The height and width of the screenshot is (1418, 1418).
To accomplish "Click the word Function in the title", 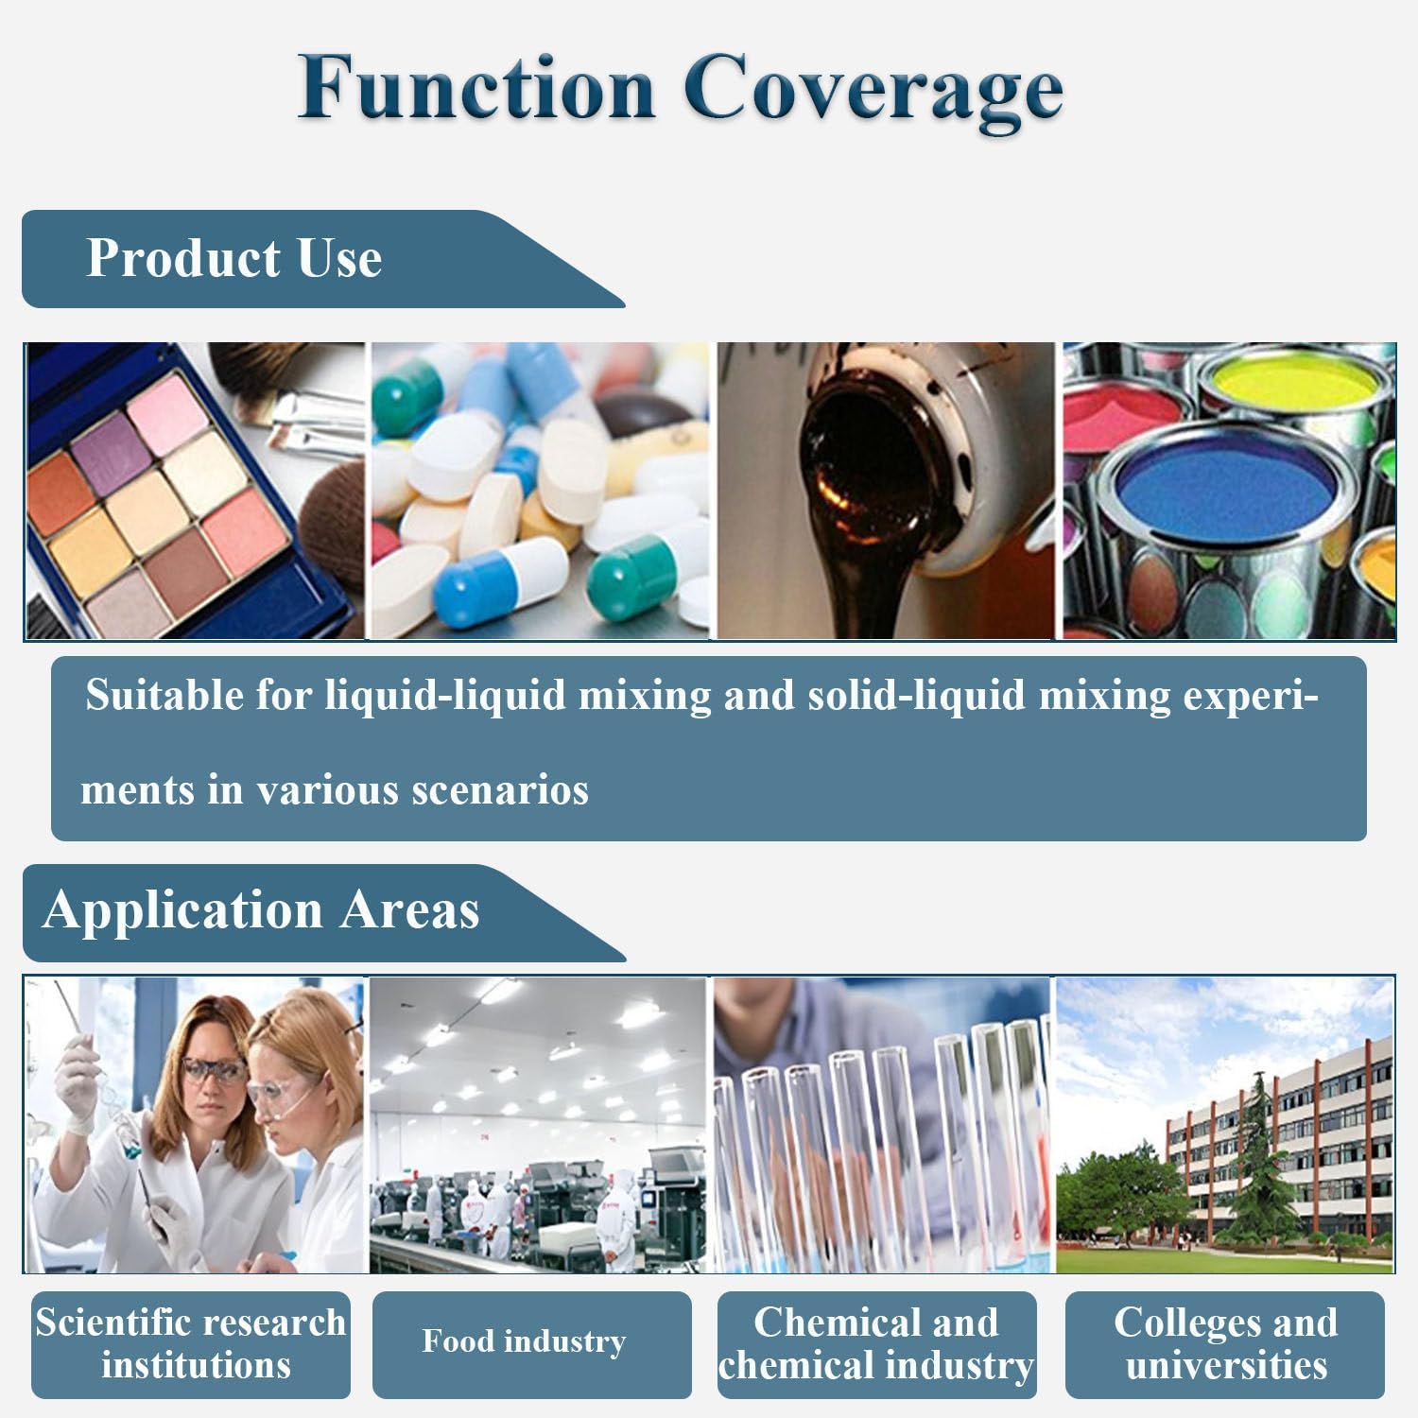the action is click(476, 87).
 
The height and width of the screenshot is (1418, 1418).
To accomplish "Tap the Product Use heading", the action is click(233, 258).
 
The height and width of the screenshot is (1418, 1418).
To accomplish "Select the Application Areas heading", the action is click(261, 910).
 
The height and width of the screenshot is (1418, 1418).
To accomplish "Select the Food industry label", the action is click(524, 1341).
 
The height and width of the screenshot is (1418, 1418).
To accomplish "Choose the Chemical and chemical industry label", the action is click(876, 1343).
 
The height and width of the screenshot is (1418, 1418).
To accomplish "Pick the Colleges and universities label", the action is click(1225, 1343).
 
